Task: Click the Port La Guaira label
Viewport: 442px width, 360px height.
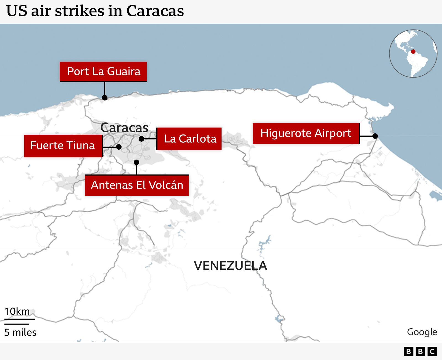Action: pyautogui.click(x=103, y=72)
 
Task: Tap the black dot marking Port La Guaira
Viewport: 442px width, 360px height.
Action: pyautogui.click(x=105, y=98)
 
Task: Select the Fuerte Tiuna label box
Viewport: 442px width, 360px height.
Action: pyautogui.click(x=63, y=145)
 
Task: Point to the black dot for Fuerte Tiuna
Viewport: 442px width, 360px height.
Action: pyautogui.click(x=119, y=147)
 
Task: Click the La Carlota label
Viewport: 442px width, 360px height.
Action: pyautogui.click(x=190, y=139)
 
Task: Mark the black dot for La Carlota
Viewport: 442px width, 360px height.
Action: pyautogui.click(x=141, y=139)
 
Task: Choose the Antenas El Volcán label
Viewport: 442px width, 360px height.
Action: pyautogui.click(x=137, y=185)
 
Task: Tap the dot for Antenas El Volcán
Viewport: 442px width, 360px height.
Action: pyautogui.click(x=136, y=162)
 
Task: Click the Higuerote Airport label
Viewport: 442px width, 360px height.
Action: pyautogui.click(x=306, y=133)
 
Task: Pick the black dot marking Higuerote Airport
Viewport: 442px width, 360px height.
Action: pyautogui.click(x=375, y=136)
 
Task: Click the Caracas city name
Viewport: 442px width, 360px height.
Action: pyautogui.click(x=124, y=128)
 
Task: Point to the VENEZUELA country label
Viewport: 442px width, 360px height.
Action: pyautogui.click(x=230, y=266)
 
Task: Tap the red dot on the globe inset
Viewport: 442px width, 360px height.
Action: pyautogui.click(x=413, y=52)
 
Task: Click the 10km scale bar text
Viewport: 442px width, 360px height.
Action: pyautogui.click(x=17, y=311)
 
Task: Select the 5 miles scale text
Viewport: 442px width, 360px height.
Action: pyautogui.click(x=20, y=332)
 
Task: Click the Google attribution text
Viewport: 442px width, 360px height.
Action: pyautogui.click(x=422, y=332)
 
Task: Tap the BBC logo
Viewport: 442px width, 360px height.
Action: pyautogui.click(x=420, y=351)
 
